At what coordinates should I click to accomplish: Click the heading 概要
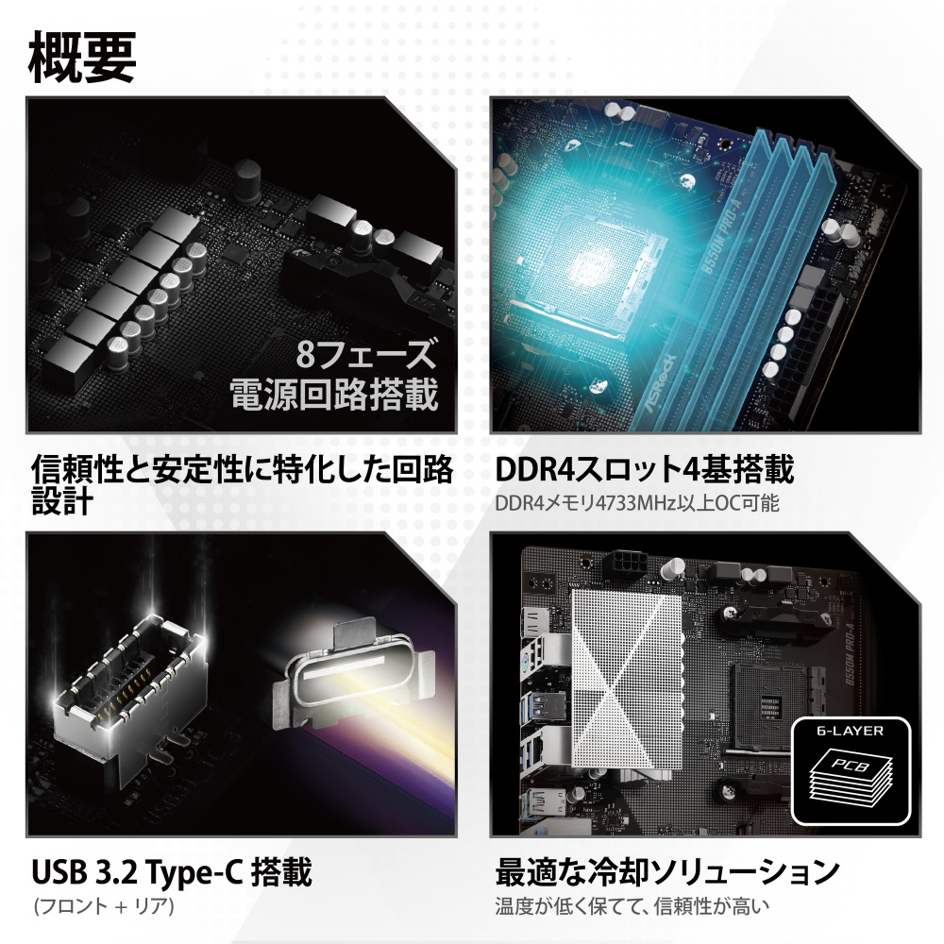82,58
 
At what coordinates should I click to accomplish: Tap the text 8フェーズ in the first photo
365,353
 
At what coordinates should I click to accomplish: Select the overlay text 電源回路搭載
334,395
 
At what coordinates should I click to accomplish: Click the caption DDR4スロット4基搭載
644,469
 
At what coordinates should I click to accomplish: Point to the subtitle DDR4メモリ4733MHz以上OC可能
637,503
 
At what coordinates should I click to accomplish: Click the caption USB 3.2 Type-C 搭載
172,872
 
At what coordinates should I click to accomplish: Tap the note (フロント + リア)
104,906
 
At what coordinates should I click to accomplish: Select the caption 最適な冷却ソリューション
667,872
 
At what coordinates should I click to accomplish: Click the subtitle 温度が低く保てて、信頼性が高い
632,906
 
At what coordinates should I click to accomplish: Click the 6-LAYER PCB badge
851,771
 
